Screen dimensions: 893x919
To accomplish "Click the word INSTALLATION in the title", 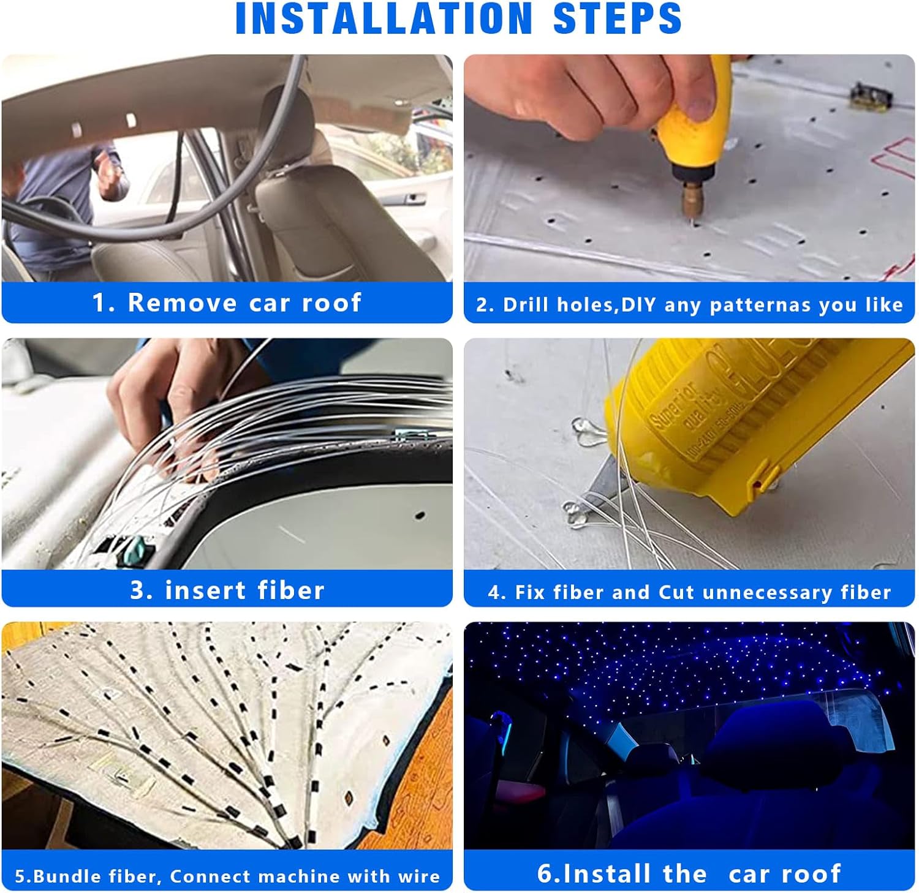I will click(x=384, y=18).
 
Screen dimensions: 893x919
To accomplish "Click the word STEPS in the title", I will click(x=617, y=18).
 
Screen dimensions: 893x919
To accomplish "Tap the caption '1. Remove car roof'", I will click(x=227, y=303).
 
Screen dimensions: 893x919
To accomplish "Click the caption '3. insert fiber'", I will click(x=227, y=590).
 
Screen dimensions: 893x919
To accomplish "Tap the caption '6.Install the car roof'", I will click(x=689, y=873).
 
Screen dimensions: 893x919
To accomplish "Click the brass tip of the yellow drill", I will click(x=692, y=202).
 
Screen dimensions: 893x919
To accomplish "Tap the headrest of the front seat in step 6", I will click(x=766, y=735).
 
